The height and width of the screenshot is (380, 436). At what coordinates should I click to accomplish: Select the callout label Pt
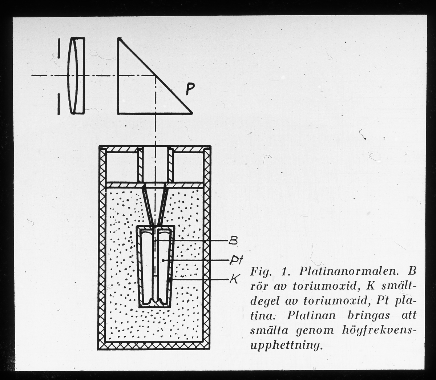point(234,260)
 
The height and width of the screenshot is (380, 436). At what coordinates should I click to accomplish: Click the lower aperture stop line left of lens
point(58,104)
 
